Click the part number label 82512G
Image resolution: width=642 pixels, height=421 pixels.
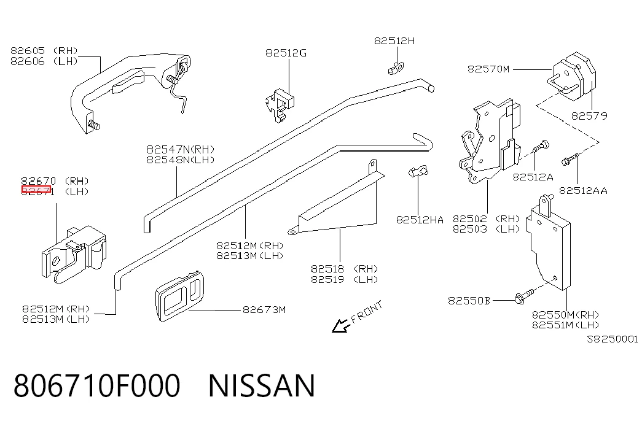pyautogui.click(x=286, y=53)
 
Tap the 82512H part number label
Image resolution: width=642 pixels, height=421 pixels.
pyautogui.click(x=394, y=41)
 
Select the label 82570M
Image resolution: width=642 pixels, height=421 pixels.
pyautogui.click(x=488, y=69)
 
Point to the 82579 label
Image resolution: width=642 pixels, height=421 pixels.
pyautogui.click(x=589, y=116)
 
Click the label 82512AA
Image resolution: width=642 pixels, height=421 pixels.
pyautogui.click(x=583, y=191)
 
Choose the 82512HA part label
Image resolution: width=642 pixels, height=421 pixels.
pyautogui.click(x=420, y=220)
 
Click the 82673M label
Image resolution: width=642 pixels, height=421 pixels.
pyautogui.click(x=264, y=310)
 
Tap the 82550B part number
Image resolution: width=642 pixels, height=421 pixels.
pyautogui.click(x=469, y=301)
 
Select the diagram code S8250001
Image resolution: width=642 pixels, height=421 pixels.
pyautogui.click(x=613, y=339)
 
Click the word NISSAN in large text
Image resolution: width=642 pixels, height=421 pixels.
pyautogui.click(x=262, y=385)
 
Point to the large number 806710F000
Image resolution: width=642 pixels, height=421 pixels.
pyautogui.click(x=96, y=385)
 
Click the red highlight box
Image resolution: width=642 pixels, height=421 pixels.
pyautogui.click(x=36, y=189)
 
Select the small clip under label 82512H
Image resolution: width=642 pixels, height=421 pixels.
pyautogui.click(x=396, y=68)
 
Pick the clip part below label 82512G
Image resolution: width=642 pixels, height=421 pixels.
pyautogui.click(x=280, y=105)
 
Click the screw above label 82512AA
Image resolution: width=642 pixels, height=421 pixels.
pyautogui.click(x=570, y=159)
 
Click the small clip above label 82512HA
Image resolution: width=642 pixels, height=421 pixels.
pyautogui.click(x=418, y=171)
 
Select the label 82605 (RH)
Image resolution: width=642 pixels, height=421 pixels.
pyautogui.click(x=44, y=51)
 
